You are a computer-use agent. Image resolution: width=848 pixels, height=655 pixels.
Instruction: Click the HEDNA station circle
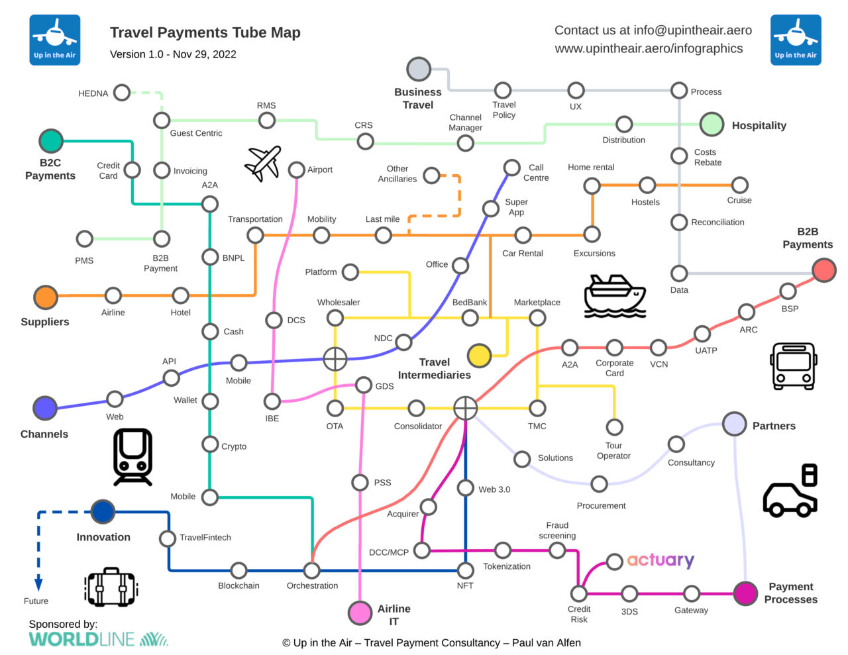pyautogui.click(x=121, y=93)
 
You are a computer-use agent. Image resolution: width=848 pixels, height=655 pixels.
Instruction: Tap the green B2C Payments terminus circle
pyautogui.click(x=51, y=140)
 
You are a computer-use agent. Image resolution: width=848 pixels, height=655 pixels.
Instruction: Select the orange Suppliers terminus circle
pyautogui.click(x=46, y=297)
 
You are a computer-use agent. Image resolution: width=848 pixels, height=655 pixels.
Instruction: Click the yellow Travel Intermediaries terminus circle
pyautogui.click(x=478, y=356)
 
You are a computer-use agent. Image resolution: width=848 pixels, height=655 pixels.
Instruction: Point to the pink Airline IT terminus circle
pyautogui.click(x=360, y=613)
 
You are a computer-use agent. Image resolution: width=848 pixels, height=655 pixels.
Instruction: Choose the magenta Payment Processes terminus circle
pyautogui.click(x=745, y=593)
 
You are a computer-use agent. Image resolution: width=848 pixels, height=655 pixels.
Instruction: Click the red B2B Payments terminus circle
pyautogui.click(x=823, y=270)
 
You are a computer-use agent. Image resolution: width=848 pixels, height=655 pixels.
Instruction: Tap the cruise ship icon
pyautogui.click(x=614, y=296)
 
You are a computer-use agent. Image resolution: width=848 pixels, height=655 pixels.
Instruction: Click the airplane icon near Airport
pyautogui.click(x=263, y=163)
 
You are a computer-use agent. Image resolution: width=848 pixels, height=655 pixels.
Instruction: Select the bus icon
pyautogui.click(x=793, y=366)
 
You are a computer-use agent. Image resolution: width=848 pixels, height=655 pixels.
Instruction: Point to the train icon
pyautogui.click(x=132, y=457)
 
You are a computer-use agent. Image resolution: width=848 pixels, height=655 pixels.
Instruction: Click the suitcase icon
pyautogui.click(x=111, y=587)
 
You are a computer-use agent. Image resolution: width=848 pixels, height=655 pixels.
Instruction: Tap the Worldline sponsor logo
pyautogui.click(x=98, y=639)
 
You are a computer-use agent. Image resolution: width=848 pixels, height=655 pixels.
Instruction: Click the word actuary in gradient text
pyautogui.click(x=661, y=560)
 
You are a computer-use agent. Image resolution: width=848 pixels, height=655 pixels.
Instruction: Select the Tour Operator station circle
pyautogui.click(x=614, y=427)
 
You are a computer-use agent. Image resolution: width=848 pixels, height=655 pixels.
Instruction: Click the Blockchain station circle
pyautogui.click(x=238, y=570)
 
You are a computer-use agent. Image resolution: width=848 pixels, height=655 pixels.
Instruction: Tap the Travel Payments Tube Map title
pyautogui.click(x=205, y=32)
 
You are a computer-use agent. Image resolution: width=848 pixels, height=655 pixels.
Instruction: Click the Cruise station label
pyautogui.click(x=739, y=200)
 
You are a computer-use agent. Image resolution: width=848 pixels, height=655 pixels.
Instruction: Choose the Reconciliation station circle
pyautogui.click(x=679, y=223)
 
